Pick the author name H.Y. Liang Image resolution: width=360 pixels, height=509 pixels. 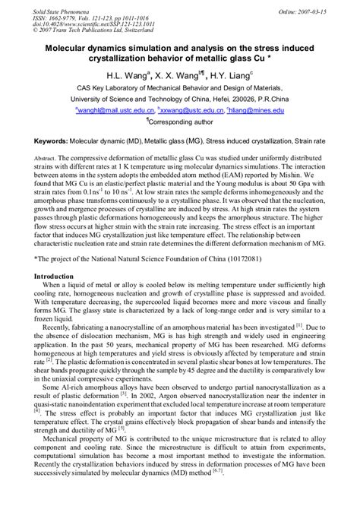click(x=228, y=77)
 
